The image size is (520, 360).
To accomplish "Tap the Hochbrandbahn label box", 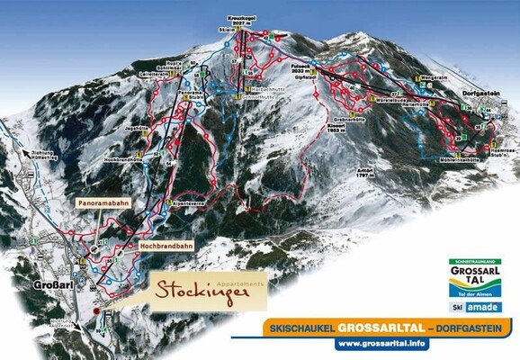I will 166,244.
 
